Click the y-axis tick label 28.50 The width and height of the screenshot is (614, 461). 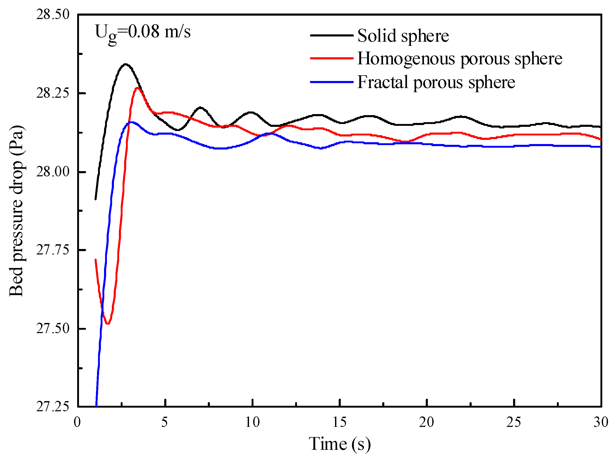[52, 15]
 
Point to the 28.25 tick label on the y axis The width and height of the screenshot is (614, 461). [52, 94]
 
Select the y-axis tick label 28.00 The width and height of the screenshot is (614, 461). [52, 172]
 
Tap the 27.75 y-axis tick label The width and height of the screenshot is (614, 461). [52, 250]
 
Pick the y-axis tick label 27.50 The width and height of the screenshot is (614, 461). [52, 328]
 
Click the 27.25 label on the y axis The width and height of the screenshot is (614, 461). [52, 407]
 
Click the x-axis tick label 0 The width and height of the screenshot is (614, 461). [77, 422]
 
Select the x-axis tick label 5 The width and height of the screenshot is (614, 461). [165, 422]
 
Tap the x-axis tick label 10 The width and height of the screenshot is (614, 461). [252, 422]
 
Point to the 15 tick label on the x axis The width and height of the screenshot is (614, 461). [339, 422]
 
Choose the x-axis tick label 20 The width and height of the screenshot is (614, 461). [427, 422]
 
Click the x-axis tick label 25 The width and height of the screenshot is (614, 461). [514, 422]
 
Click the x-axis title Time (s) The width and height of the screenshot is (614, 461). [339, 444]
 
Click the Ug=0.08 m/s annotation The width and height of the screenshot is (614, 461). [143, 33]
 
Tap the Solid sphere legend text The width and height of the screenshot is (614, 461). [403, 36]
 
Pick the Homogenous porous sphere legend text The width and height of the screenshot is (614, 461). [460, 59]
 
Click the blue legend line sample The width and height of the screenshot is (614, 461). [332, 82]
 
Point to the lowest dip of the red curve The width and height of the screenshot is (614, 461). [108, 323]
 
